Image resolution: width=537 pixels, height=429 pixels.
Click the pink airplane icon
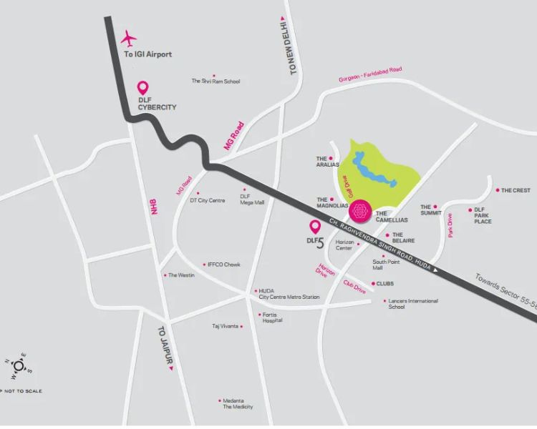tap(129, 37)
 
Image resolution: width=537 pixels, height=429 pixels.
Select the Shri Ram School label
tap(216, 82)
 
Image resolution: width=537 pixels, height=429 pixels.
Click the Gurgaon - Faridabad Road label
tap(370, 74)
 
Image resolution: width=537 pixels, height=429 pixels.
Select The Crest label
tap(516, 191)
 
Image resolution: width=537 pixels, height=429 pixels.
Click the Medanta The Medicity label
tap(237, 403)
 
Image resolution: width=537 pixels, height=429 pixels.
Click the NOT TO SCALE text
tap(24, 391)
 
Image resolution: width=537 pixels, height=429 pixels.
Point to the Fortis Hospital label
tap(272, 318)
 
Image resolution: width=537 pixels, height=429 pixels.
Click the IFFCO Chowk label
tap(223, 265)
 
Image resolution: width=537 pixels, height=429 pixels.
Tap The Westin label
tap(181, 275)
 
